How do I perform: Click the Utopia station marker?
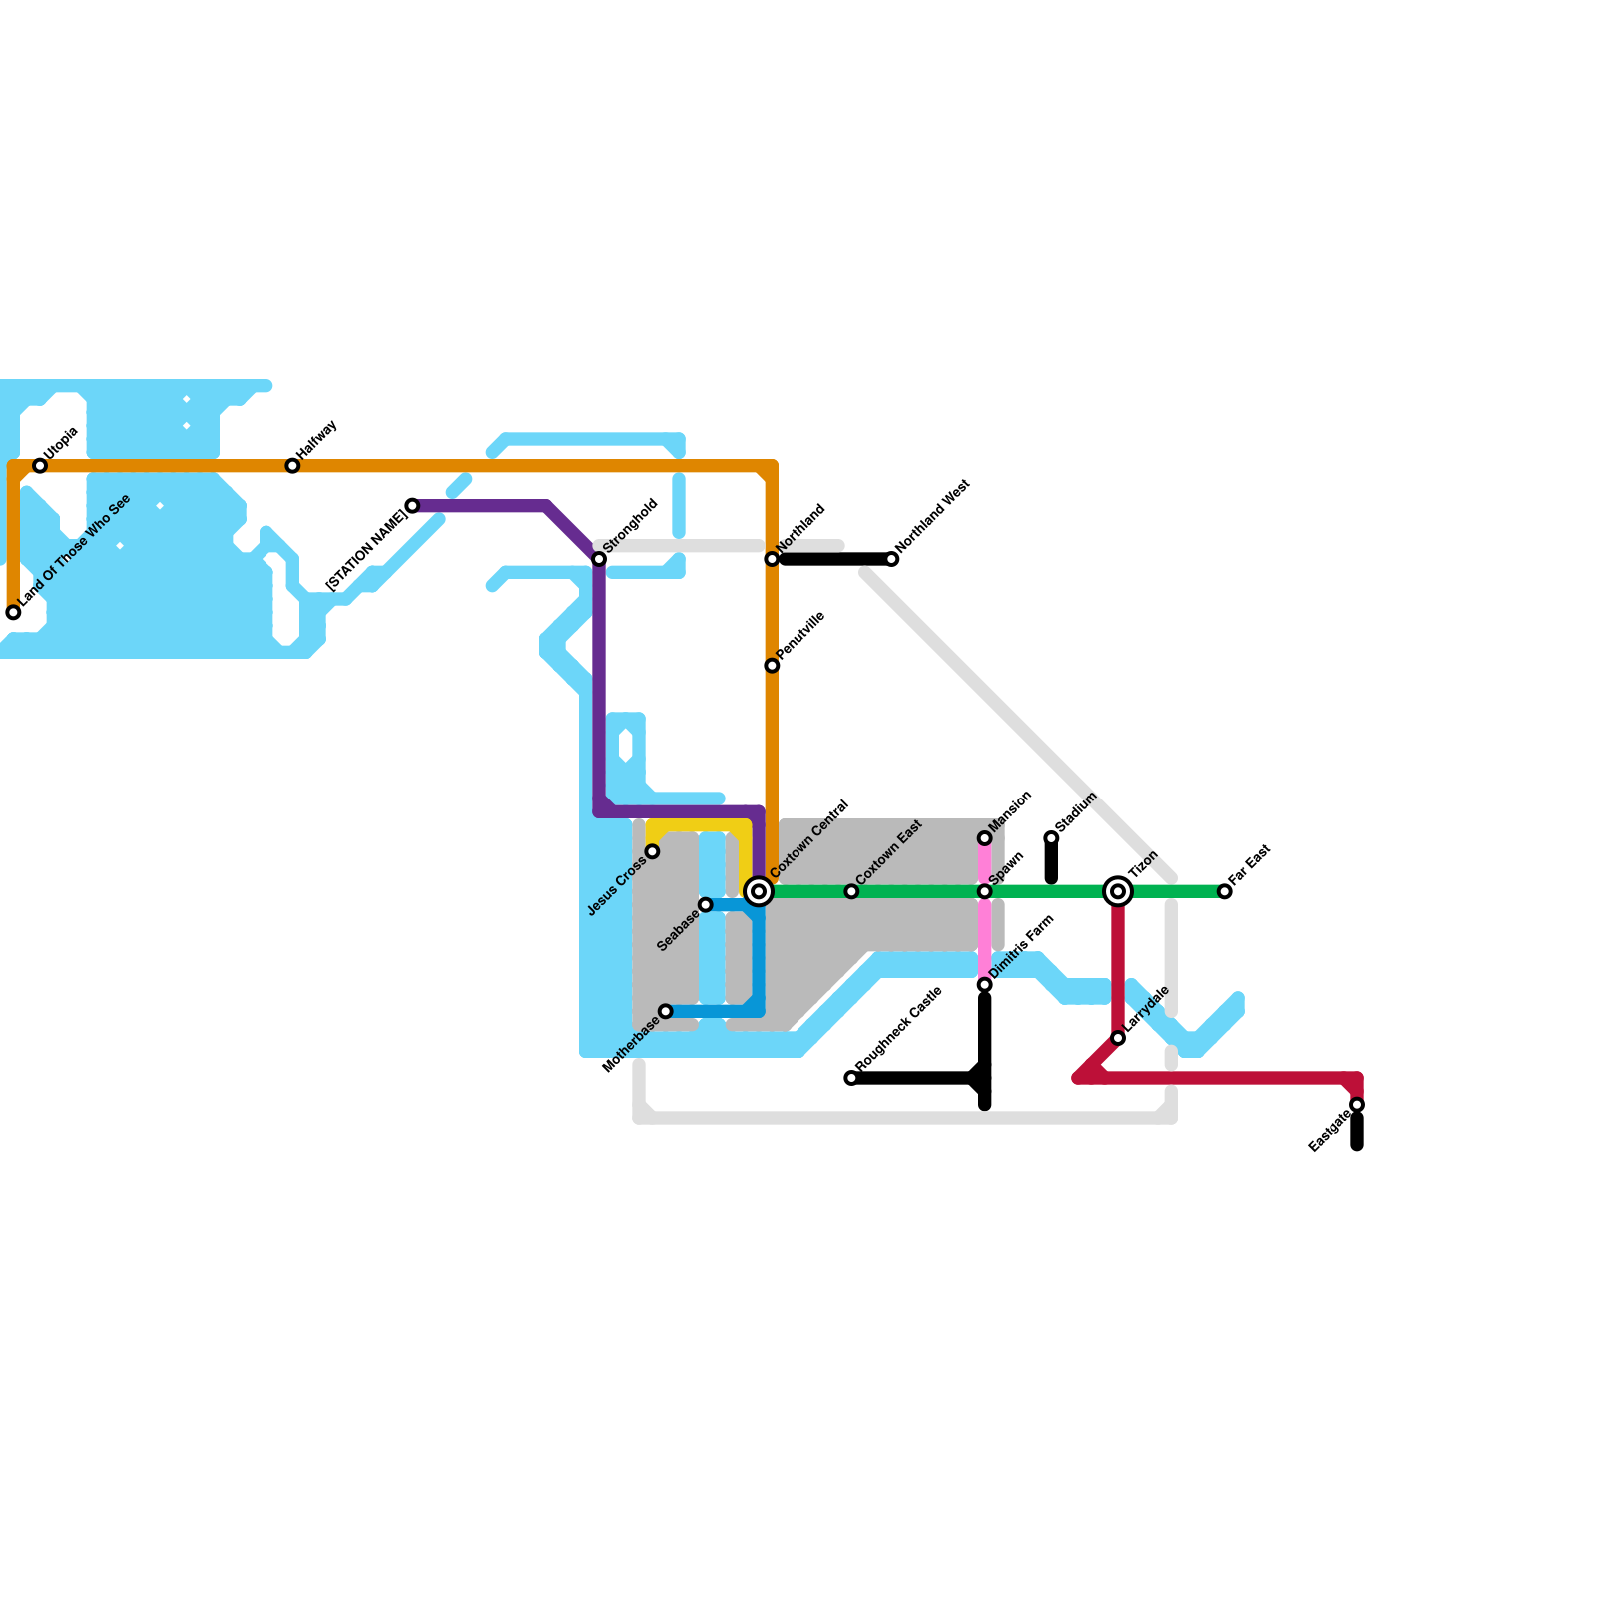tap(40, 466)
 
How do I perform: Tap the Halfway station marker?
tap(292, 466)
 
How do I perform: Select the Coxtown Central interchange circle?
tap(759, 891)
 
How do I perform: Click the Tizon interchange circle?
tap(1118, 891)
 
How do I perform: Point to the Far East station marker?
tap(1225, 891)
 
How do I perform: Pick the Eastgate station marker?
tap(1357, 1105)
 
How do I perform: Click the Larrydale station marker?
tap(1118, 1038)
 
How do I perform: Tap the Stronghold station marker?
tap(599, 559)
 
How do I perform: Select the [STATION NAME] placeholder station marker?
tap(412, 506)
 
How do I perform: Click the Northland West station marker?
tap(892, 559)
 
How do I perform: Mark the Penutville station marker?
tap(772, 666)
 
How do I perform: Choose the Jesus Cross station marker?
tap(652, 851)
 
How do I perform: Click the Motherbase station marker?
tap(666, 1012)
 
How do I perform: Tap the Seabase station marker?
tap(706, 905)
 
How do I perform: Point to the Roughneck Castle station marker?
tap(851, 1078)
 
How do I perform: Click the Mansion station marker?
tap(985, 838)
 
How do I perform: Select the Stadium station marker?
tap(1051, 838)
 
